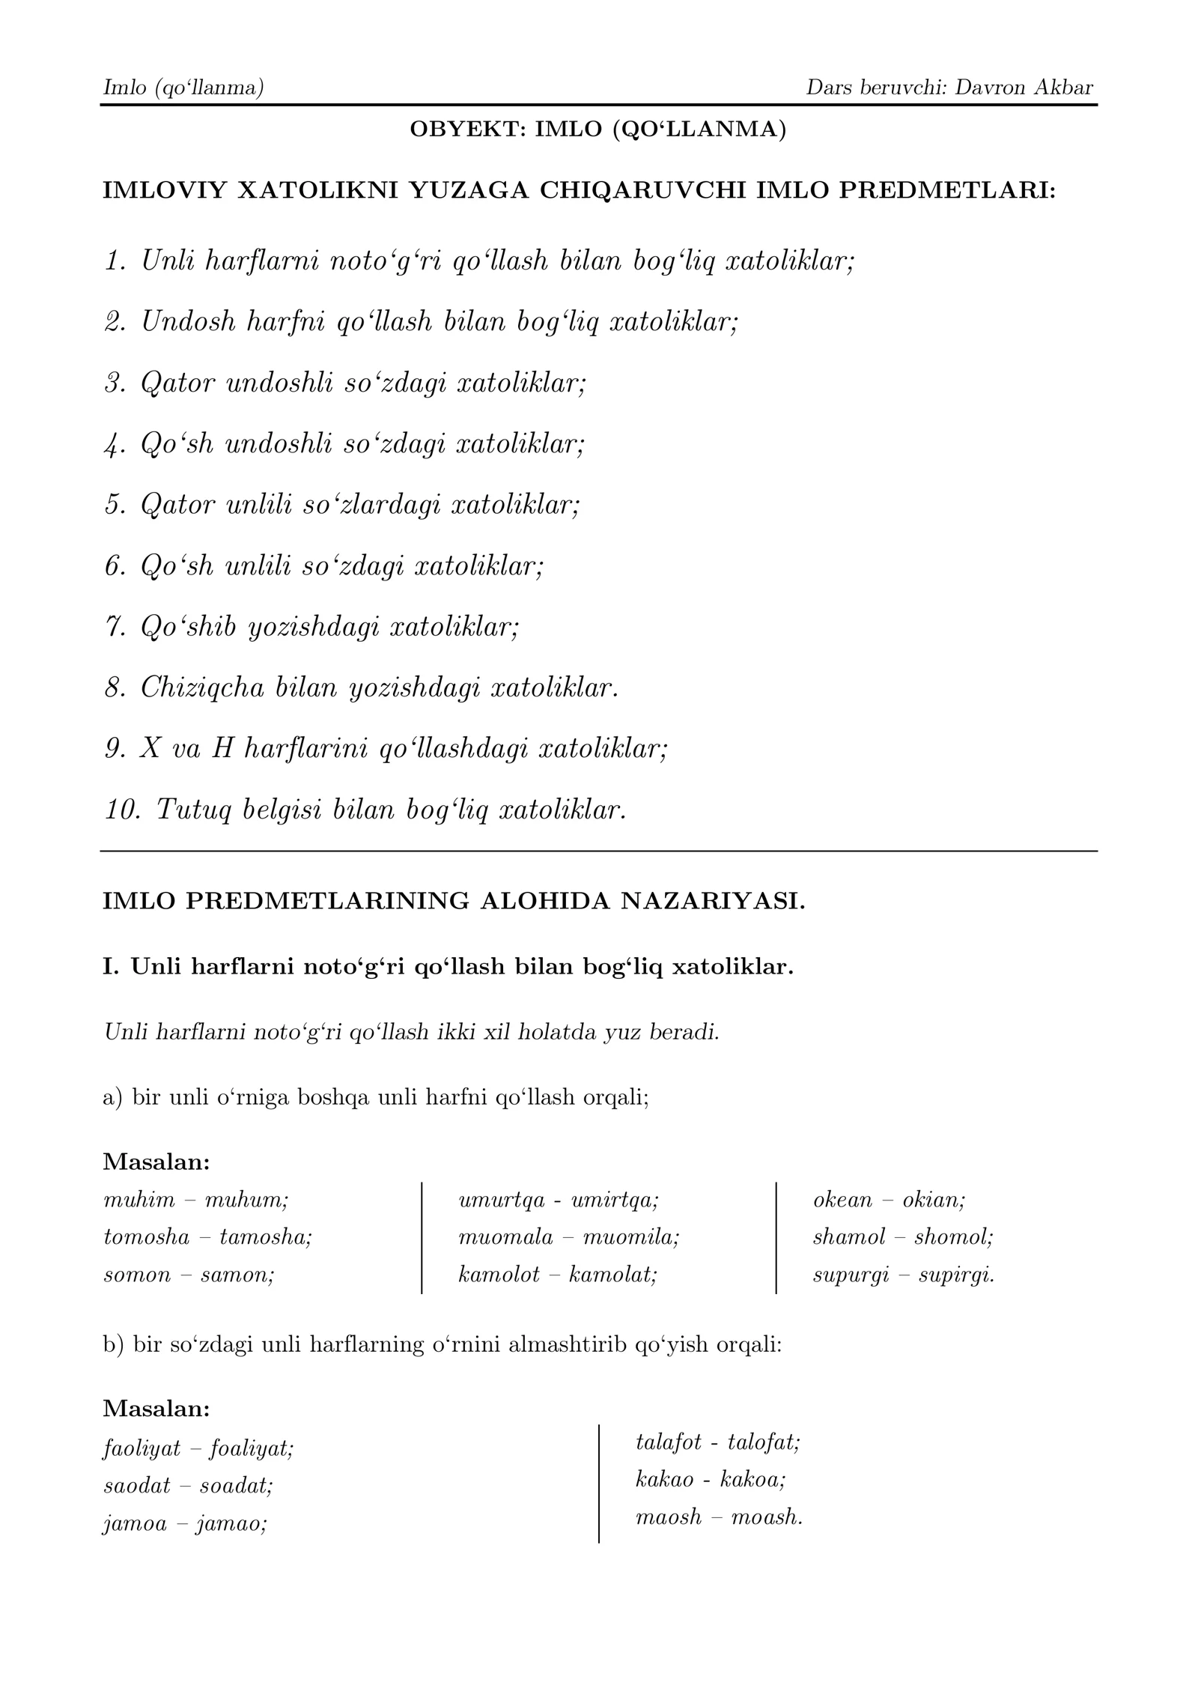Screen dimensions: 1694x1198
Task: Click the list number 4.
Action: point(115,445)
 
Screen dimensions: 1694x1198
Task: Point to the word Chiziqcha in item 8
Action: point(203,687)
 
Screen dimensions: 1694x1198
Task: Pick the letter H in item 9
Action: point(223,748)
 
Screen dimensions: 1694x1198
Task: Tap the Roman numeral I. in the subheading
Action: point(111,967)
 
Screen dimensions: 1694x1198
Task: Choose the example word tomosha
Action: point(147,1236)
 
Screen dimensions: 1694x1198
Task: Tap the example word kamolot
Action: point(499,1274)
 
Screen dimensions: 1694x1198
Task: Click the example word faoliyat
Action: point(142,1449)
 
